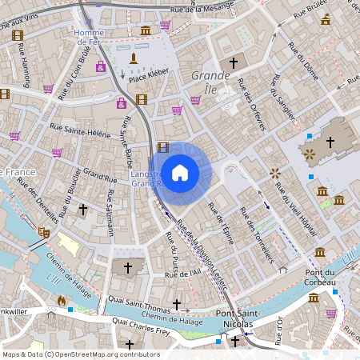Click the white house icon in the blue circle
coord(180,171)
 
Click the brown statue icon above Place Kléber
coord(134,58)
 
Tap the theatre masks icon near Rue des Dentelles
coord(43,233)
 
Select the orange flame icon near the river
coord(62,301)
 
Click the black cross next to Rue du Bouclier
coord(83,209)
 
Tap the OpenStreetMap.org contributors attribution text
coord(104,354)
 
